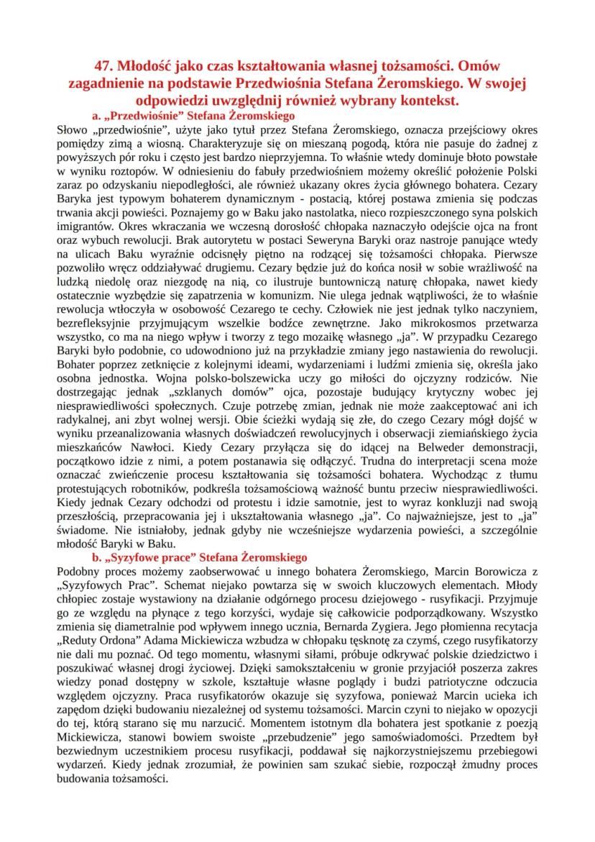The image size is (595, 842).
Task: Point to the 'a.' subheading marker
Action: tap(98, 114)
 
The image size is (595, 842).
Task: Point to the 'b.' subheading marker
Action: tap(98, 557)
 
